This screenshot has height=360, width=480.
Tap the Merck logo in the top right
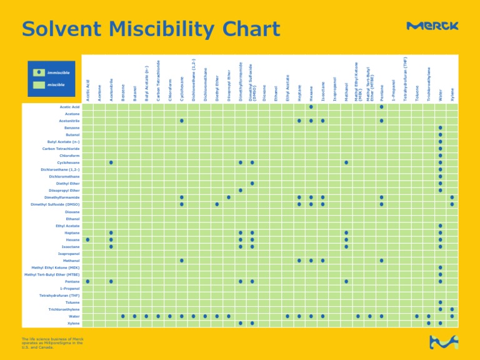click(x=432, y=26)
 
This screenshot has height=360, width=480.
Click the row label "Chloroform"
click(x=69, y=156)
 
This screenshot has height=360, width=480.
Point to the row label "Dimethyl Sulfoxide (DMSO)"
click(x=55, y=204)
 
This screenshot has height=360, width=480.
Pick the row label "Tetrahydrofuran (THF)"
click(x=59, y=296)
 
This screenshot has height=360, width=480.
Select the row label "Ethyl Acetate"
click(x=67, y=226)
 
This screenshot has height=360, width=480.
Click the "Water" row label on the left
click(x=74, y=316)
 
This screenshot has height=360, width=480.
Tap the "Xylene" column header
click(x=452, y=94)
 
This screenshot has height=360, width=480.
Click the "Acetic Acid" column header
click(x=88, y=89)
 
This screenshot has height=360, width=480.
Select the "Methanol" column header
click(x=346, y=91)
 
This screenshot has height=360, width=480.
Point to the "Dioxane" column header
click(x=264, y=93)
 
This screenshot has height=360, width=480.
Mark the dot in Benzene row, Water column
click(x=440, y=127)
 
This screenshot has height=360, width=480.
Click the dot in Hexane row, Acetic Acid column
click(x=88, y=239)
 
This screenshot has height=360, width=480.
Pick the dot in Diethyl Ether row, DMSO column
click(x=252, y=183)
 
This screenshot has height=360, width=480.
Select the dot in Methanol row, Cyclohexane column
click(x=181, y=261)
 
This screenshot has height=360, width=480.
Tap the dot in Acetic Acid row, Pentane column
click(x=381, y=107)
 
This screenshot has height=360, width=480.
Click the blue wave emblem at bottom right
click(x=443, y=342)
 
